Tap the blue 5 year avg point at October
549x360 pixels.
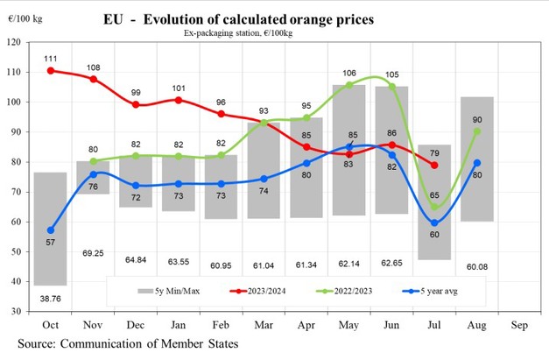pos(51,230)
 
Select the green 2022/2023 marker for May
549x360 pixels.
pos(349,85)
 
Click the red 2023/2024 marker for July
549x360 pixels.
pos(435,165)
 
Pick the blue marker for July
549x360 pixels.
pos(435,222)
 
